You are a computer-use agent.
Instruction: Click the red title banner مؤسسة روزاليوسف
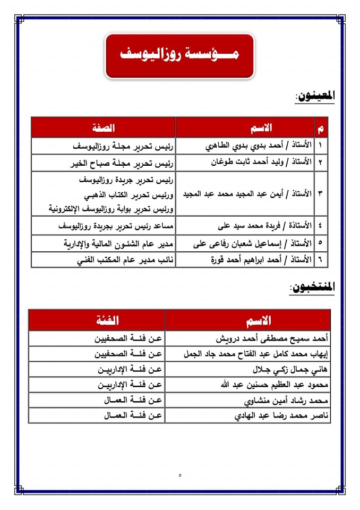179,55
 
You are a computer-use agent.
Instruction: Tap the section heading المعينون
315,97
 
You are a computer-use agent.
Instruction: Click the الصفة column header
103,127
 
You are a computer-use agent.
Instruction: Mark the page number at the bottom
180,474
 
